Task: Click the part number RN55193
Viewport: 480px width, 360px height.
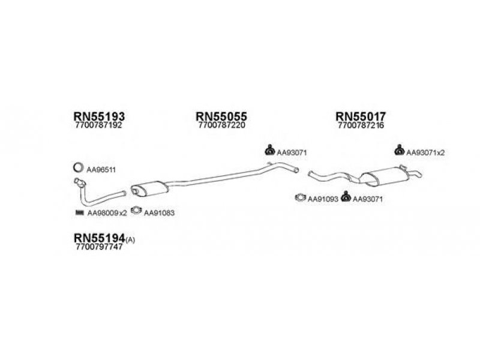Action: [99, 116]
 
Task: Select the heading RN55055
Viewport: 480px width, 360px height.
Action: [221, 116]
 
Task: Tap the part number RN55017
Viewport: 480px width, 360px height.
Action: [361, 116]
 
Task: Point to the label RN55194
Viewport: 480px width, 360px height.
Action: [100, 238]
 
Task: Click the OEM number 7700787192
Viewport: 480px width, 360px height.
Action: [98, 125]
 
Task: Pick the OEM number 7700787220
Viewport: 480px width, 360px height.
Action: [222, 125]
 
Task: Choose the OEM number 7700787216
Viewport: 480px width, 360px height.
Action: [361, 125]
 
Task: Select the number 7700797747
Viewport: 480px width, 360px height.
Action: [98, 247]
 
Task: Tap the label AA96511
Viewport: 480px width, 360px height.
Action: [101, 170]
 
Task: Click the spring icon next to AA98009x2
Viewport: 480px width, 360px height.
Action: [79, 212]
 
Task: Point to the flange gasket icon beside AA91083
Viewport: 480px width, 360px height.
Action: [136, 211]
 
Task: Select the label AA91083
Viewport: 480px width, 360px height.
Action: [159, 213]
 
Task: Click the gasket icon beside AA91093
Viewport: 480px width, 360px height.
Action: [301, 198]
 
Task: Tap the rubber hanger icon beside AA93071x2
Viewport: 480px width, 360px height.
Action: [399, 149]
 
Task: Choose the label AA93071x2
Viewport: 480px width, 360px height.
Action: [425, 152]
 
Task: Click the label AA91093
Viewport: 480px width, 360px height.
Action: [323, 199]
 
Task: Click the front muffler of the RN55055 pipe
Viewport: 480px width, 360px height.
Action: [149, 188]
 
